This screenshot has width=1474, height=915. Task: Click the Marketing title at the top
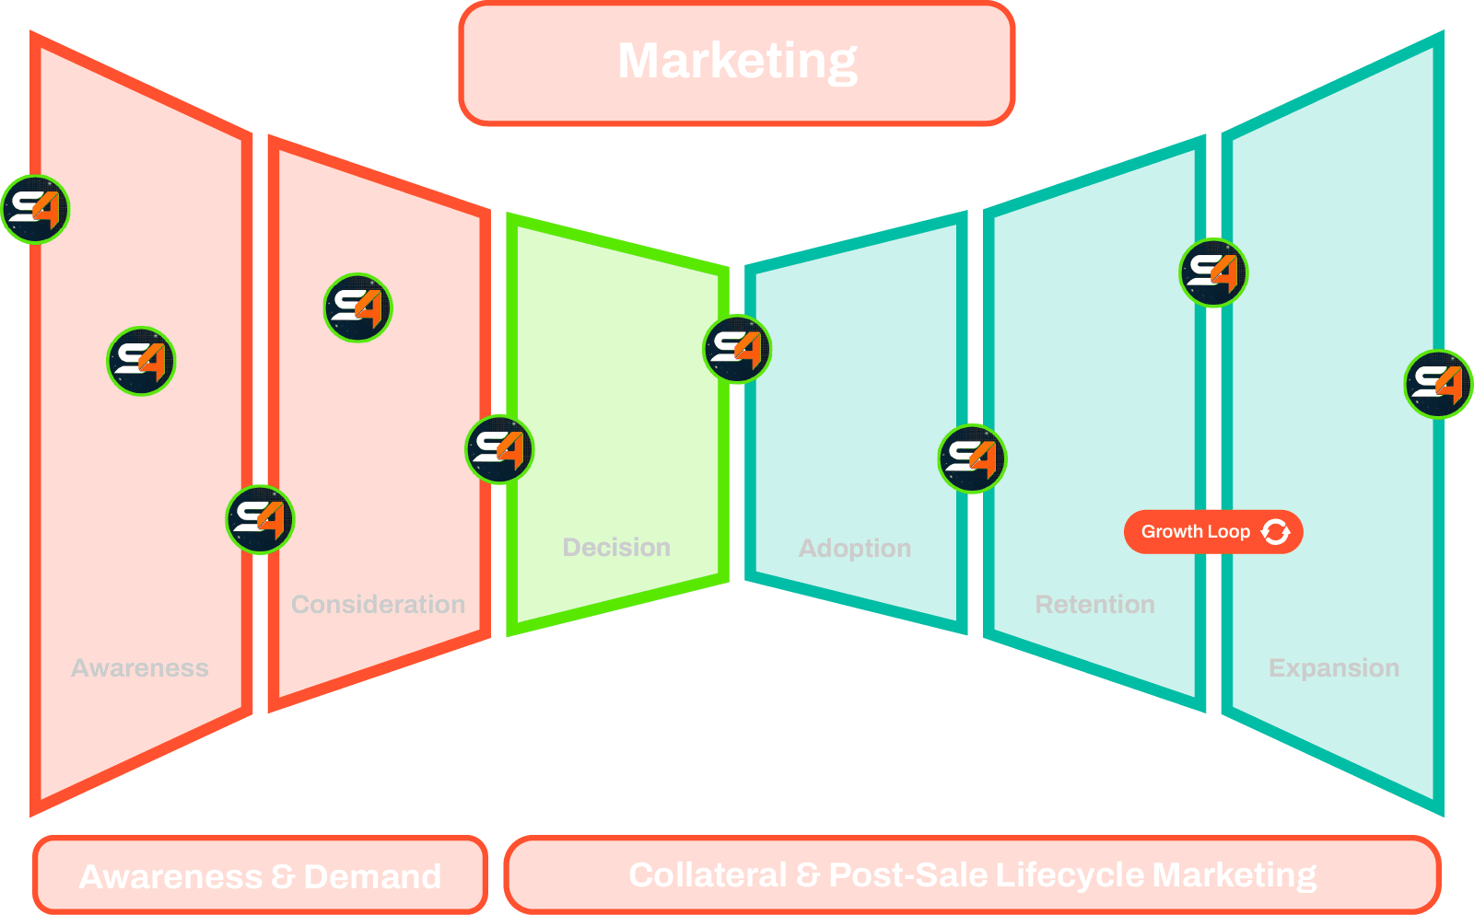[x=737, y=61]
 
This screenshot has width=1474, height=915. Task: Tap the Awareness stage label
[x=140, y=667]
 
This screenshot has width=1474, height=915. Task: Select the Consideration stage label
[x=378, y=604]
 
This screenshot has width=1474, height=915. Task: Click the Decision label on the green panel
[x=616, y=547]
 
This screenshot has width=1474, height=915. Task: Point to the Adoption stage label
[x=855, y=548]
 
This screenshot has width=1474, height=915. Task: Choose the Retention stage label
[x=1094, y=604]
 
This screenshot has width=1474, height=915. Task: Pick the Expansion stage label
[x=1333, y=667]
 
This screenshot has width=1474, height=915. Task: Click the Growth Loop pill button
[x=1196, y=531]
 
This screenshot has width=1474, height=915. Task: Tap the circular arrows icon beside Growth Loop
[x=1276, y=531]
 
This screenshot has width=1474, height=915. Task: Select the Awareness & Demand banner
[x=260, y=875]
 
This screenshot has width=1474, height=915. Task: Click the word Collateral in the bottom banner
[x=707, y=874]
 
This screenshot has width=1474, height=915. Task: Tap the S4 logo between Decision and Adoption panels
[x=738, y=349]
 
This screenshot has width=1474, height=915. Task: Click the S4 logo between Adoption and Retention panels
[x=972, y=458]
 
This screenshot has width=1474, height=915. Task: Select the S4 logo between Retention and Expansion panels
[x=1213, y=272]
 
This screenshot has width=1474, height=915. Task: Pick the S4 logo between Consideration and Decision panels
[x=498, y=449]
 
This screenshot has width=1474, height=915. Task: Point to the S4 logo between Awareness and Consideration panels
[x=260, y=519]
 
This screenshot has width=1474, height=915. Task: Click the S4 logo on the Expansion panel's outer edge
[x=1438, y=384]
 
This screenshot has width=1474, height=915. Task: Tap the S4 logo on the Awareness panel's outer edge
[x=36, y=210]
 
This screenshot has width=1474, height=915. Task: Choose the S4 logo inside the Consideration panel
[x=357, y=307]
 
